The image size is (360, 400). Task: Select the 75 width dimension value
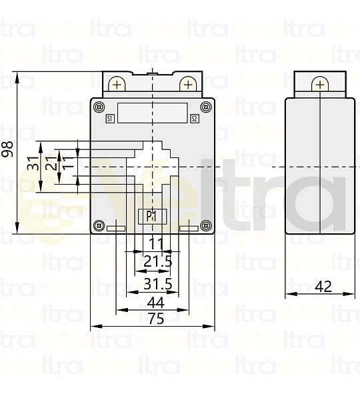(155, 319)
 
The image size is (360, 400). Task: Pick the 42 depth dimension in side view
(323, 286)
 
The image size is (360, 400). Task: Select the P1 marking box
(153, 216)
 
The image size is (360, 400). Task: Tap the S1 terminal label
(110, 119)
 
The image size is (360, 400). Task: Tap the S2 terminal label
(194, 119)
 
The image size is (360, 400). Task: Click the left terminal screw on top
(117, 84)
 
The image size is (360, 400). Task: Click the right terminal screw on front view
(187, 84)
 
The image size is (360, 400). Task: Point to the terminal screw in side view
(320, 84)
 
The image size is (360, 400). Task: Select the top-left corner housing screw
(99, 107)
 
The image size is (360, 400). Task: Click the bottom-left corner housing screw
(99, 224)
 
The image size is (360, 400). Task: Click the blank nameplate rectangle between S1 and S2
(152, 112)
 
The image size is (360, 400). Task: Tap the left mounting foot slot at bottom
(116, 229)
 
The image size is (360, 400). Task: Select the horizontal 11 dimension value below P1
(157, 243)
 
